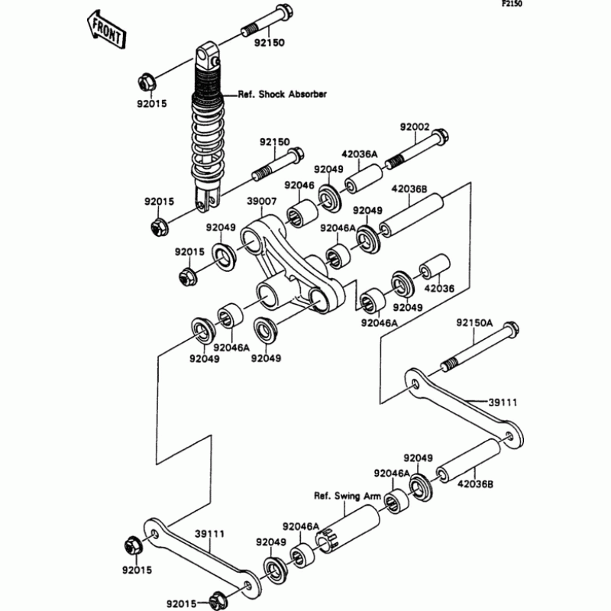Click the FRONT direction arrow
(105, 30)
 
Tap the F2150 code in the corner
(511, 5)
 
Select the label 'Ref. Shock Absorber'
(282, 94)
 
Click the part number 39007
(262, 202)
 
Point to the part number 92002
(415, 127)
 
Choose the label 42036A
(360, 154)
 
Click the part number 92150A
(474, 323)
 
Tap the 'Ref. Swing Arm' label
(348, 496)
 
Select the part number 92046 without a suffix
(299, 185)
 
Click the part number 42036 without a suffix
(439, 289)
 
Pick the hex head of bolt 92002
(441, 137)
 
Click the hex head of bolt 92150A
(510, 330)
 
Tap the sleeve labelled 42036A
(364, 179)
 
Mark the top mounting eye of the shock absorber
(207, 57)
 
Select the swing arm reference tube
(347, 529)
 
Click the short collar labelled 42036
(435, 267)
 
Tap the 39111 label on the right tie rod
(503, 402)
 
